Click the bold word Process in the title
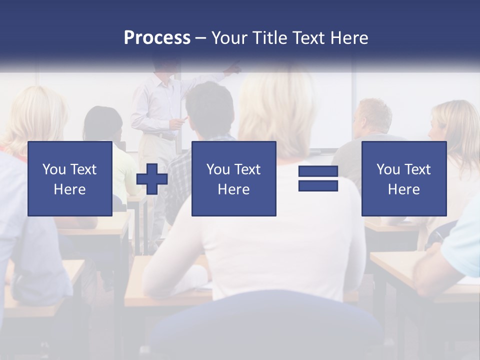[x=157, y=38]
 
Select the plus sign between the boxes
[x=152, y=178]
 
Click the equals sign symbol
[x=318, y=178]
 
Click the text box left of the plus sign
[x=69, y=178]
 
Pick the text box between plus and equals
[x=233, y=178]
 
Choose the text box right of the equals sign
[x=403, y=178]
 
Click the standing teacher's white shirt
[x=155, y=102]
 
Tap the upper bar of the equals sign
[x=318, y=171]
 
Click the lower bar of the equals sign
[x=318, y=185]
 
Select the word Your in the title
[x=229, y=38]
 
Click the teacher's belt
[x=160, y=134]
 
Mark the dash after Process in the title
[x=200, y=38]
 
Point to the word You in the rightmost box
[x=388, y=169]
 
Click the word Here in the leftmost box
[x=69, y=189]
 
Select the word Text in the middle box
[x=247, y=169]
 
